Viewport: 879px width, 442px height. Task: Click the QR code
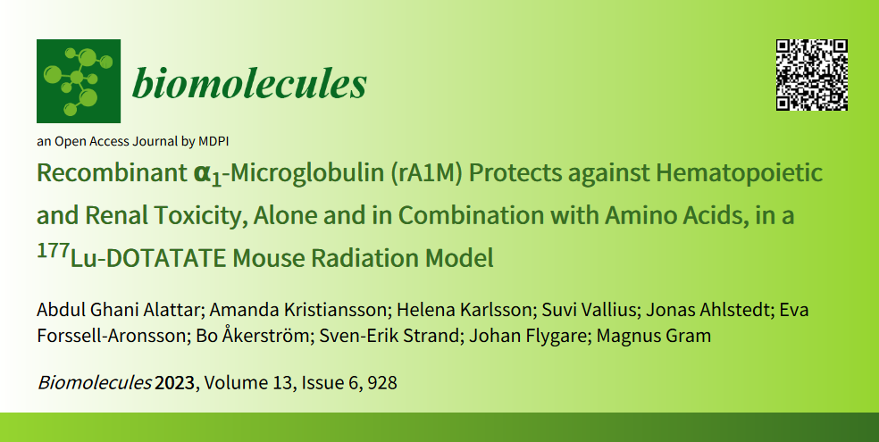[812, 75]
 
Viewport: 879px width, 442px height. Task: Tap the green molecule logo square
[79, 81]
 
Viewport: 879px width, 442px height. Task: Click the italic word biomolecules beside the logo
[249, 83]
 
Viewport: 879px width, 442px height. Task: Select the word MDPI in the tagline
[213, 141]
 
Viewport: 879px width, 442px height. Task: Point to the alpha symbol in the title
[201, 174]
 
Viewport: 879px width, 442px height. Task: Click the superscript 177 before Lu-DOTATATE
[53, 251]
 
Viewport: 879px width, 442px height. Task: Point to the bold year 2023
[175, 383]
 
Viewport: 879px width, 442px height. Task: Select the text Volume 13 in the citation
[247, 383]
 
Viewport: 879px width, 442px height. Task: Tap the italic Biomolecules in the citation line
[94, 383]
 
